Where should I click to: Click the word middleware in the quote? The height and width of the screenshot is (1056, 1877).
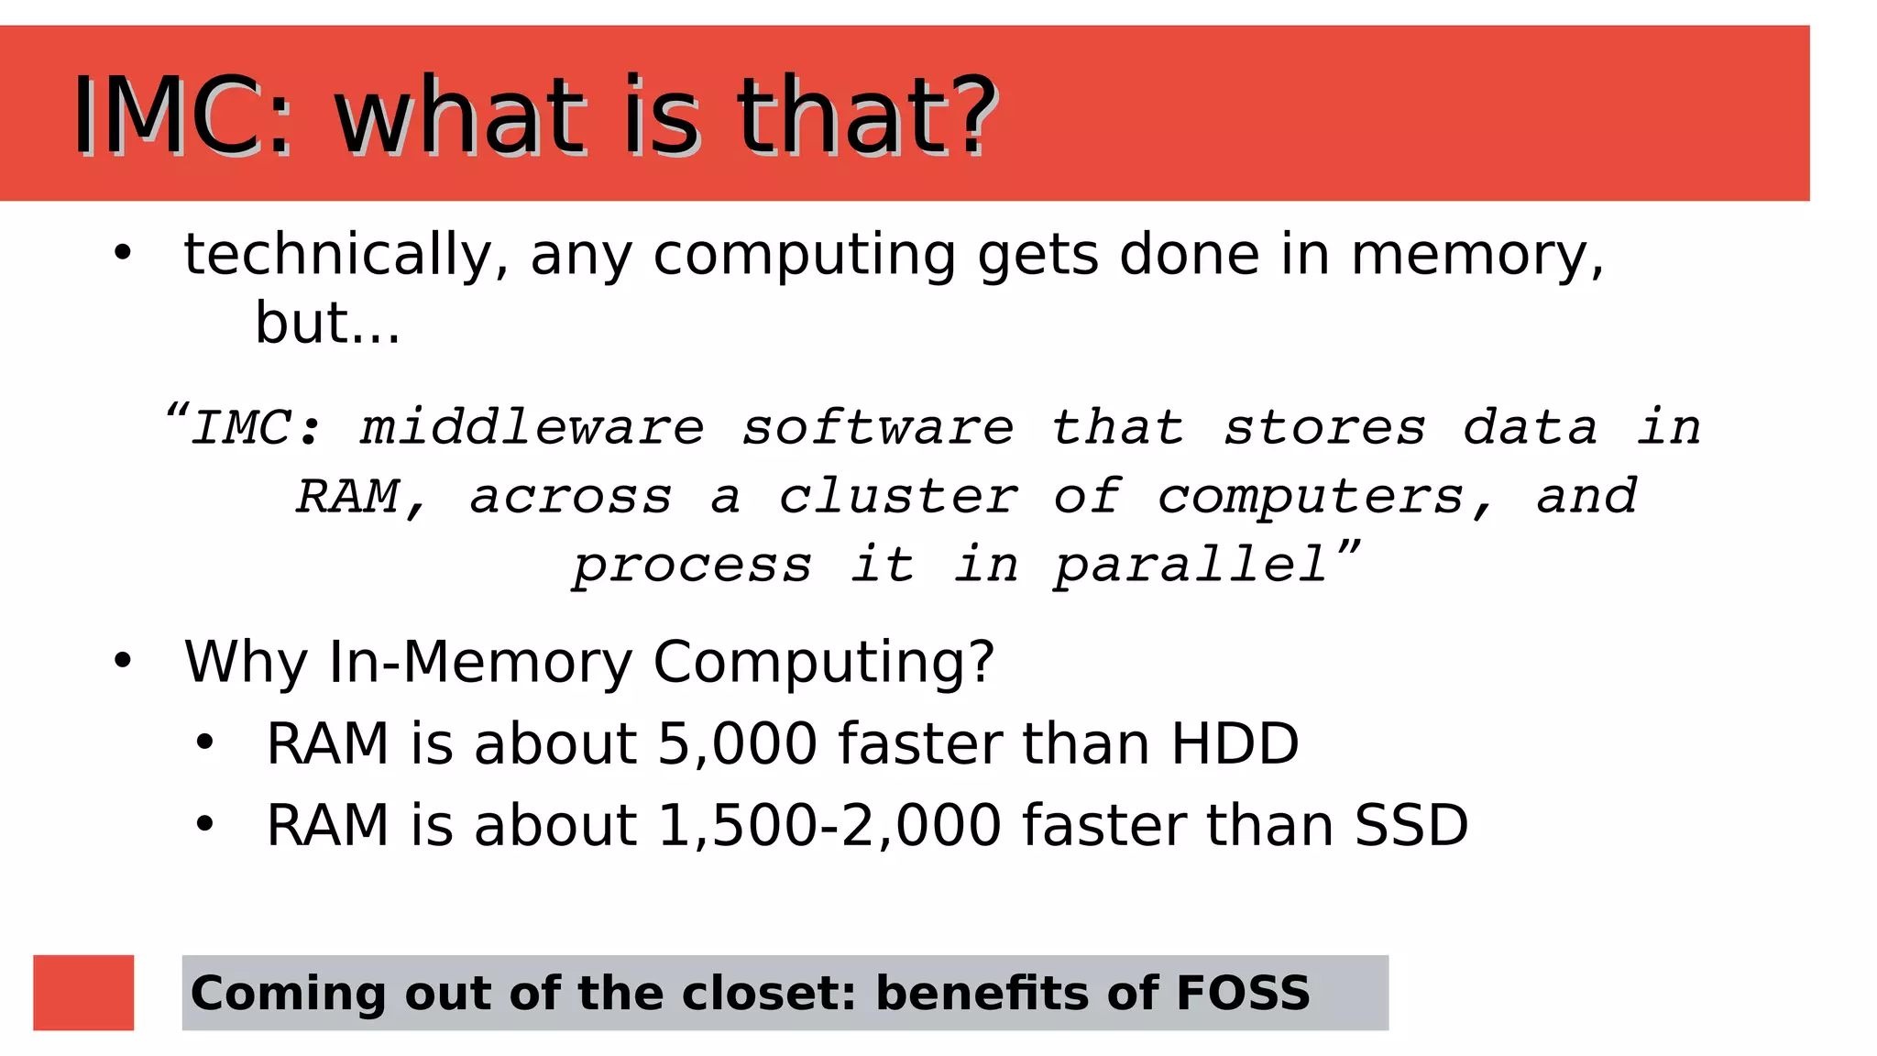click(x=532, y=427)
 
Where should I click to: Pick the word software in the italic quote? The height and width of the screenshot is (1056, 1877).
click(x=877, y=427)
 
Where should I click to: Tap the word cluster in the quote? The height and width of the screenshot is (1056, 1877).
click(x=897, y=496)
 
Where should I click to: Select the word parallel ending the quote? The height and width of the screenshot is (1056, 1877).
click(x=1190, y=565)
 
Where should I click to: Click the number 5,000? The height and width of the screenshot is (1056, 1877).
click(x=737, y=743)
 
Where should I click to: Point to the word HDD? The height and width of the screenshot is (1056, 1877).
click(x=1235, y=743)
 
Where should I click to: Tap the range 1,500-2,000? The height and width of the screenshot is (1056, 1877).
click(x=829, y=825)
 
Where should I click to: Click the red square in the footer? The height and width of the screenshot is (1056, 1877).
click(x=83, y=992)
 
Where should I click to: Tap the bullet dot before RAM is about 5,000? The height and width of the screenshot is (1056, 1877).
click(x=204, y=742)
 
